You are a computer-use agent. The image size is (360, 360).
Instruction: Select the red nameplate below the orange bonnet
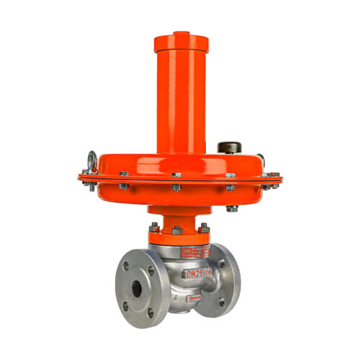194,252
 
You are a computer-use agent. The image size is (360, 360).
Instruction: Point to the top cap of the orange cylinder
181,37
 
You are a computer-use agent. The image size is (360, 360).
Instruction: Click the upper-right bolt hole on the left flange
150,270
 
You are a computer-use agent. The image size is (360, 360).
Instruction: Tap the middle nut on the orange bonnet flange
176,230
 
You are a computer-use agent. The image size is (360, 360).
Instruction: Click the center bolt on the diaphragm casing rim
176,175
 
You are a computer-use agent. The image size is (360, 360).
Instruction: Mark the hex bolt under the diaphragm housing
232,209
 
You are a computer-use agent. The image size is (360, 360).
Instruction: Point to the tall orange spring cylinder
181,94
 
